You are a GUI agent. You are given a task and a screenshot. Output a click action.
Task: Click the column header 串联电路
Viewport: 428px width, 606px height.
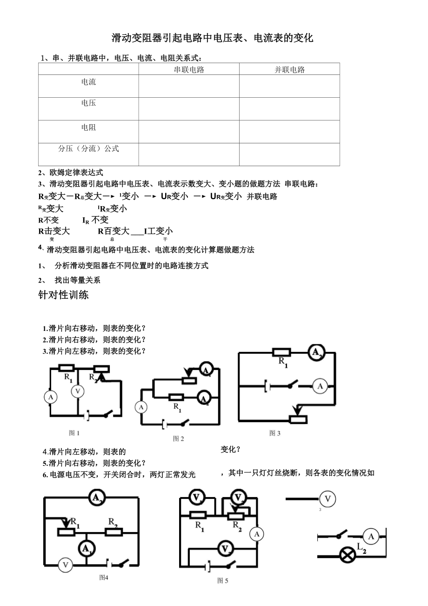189,69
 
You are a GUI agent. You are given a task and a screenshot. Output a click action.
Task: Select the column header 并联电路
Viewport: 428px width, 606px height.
289,69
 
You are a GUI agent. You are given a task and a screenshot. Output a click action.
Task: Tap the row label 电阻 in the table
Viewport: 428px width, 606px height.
88,127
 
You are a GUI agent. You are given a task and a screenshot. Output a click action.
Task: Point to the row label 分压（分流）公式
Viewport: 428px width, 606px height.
88,148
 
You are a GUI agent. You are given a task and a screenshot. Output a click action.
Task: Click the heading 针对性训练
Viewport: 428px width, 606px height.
63,295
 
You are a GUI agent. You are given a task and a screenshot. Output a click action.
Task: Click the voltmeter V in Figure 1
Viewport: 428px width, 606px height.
78,391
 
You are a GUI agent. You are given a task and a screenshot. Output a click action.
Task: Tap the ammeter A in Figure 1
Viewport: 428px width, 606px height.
50,397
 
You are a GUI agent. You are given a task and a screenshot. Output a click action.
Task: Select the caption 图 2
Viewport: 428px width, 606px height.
179,438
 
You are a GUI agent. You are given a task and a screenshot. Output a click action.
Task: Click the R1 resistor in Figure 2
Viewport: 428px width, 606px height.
176,397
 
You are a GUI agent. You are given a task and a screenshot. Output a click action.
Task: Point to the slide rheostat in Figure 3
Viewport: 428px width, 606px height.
298,419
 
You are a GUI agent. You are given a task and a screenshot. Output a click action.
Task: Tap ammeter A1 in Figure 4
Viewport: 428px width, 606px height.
86,549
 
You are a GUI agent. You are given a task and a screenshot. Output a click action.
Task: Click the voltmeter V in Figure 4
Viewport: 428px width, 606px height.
65,565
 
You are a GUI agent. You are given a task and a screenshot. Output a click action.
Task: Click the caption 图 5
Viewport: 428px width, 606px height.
223,580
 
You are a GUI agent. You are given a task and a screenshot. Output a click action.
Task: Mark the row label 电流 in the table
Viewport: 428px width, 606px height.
88,82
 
